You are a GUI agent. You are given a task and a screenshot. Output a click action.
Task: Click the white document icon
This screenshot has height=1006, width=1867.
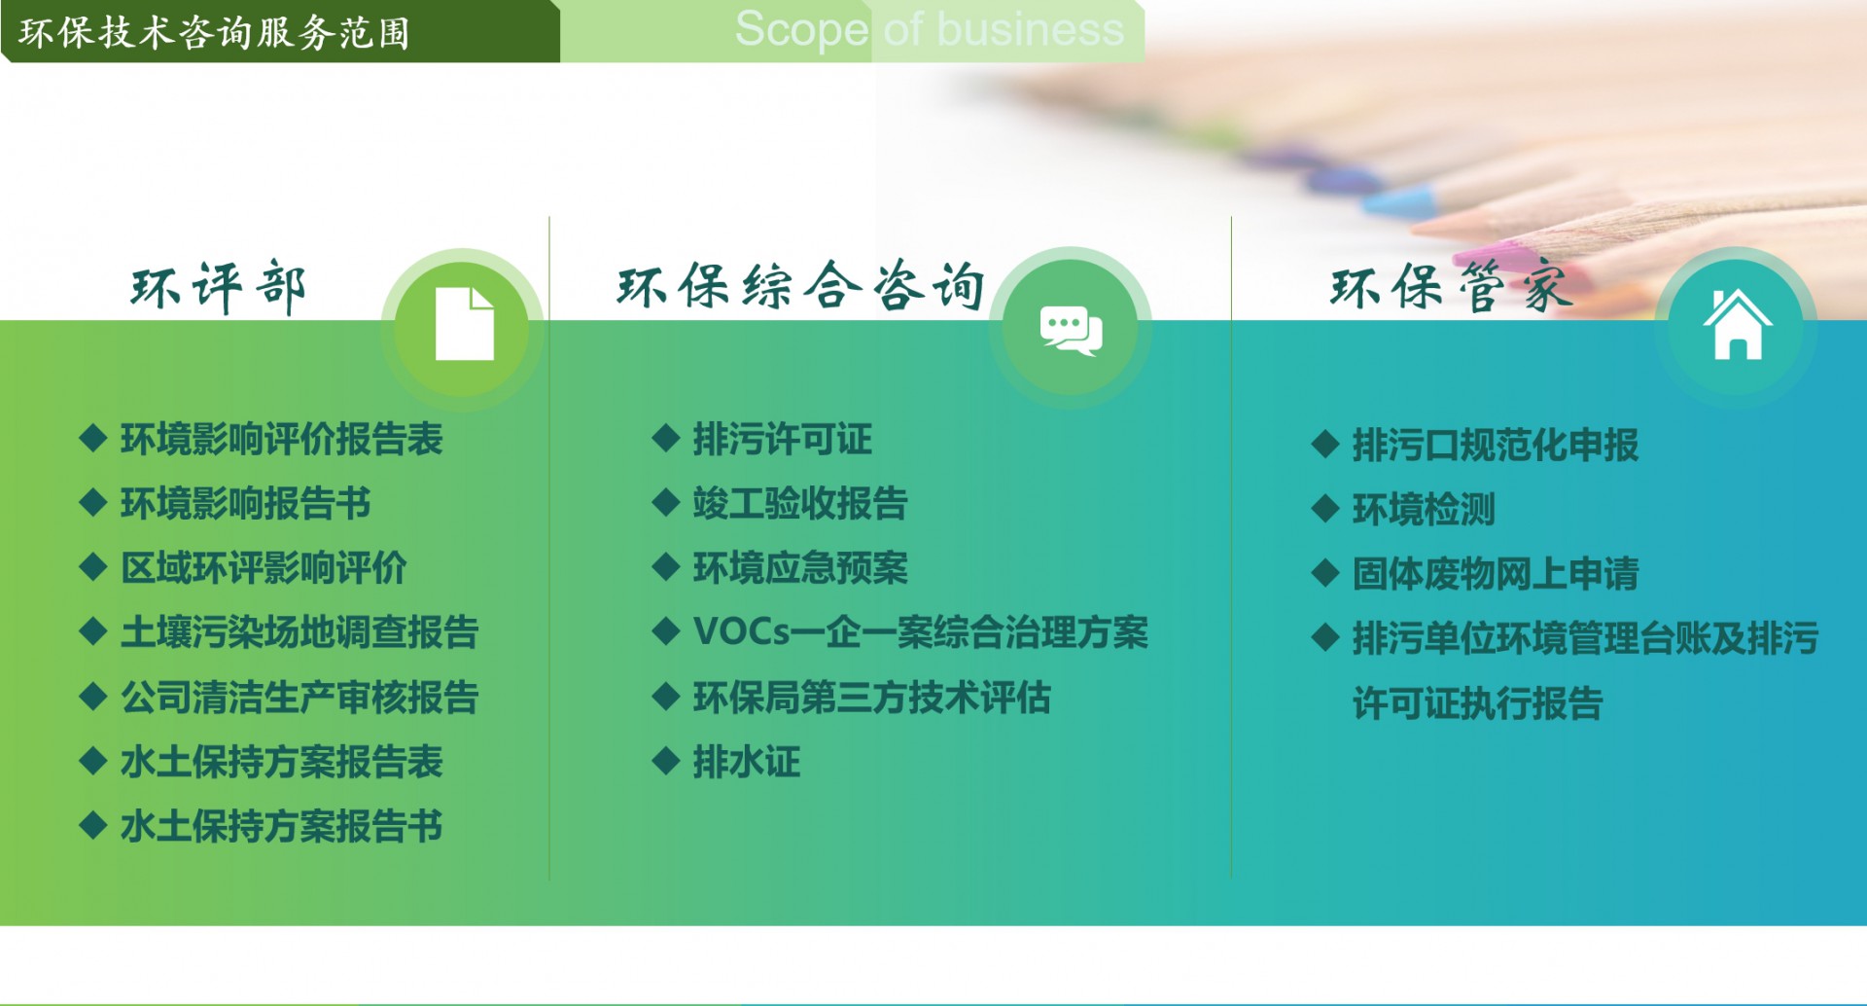(464, 324)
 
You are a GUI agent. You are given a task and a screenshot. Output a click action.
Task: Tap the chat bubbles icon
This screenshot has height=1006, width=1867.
(1071, 330)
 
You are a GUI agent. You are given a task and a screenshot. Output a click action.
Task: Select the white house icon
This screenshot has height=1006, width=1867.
(1738, 325)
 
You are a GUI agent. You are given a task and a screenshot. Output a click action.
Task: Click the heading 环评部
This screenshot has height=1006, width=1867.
(219, 287)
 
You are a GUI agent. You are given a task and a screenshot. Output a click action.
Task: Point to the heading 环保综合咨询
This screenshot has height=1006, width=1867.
(801, 286)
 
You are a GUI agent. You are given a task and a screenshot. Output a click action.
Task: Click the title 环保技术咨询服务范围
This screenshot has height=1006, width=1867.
(214, 33)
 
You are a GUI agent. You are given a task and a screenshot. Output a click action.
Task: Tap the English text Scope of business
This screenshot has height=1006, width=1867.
(930, 28)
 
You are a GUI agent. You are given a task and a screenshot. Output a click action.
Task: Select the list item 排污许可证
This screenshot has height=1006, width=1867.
(782, 440)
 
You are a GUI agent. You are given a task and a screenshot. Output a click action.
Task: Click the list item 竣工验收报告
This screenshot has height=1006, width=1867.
(799, 504)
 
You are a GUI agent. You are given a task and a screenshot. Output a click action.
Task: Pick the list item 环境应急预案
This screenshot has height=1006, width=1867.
(799, 568)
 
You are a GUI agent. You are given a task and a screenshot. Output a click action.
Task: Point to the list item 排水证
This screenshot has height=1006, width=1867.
(746, 762)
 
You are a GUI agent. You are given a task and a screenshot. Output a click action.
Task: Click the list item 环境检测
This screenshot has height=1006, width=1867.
(1424, 510)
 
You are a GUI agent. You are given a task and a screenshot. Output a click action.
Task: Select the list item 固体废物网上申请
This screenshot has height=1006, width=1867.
(1496, 574)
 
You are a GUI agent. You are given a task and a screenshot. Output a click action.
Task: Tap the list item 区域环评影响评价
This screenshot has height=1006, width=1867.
(264, 568)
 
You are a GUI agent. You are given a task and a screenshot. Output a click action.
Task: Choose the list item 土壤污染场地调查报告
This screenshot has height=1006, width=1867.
(299, 632)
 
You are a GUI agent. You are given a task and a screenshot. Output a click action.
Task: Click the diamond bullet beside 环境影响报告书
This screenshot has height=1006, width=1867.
(92, 503)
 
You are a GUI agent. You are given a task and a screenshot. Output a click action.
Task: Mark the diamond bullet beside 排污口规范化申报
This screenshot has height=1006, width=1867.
(1325, 445)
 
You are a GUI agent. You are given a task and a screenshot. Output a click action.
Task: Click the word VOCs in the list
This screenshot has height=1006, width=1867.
(741, 632)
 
